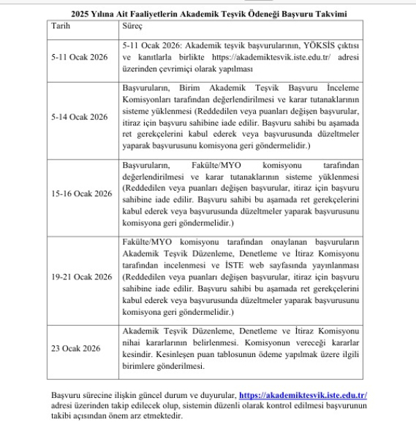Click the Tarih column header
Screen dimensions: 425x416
point(61,26)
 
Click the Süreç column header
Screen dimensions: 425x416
point(132,26)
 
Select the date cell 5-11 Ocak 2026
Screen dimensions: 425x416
point(80,57)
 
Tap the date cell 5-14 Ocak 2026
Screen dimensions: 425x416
point(80,116)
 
